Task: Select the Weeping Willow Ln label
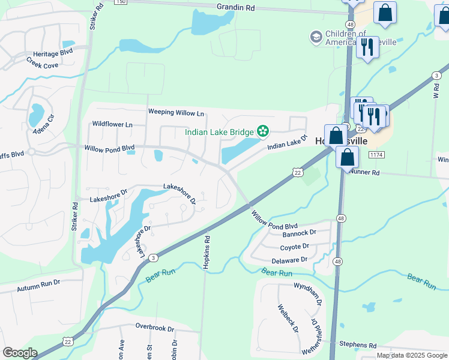176,112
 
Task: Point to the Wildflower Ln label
112,124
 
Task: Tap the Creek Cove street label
42,64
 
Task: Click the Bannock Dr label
299,233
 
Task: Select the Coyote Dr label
294,247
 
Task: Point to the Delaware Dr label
289,260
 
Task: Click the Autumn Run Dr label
39,282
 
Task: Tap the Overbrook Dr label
154,329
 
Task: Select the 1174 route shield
376,155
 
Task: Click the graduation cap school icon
316,38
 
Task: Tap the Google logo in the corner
20,353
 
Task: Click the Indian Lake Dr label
287,143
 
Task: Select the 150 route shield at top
121,2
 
